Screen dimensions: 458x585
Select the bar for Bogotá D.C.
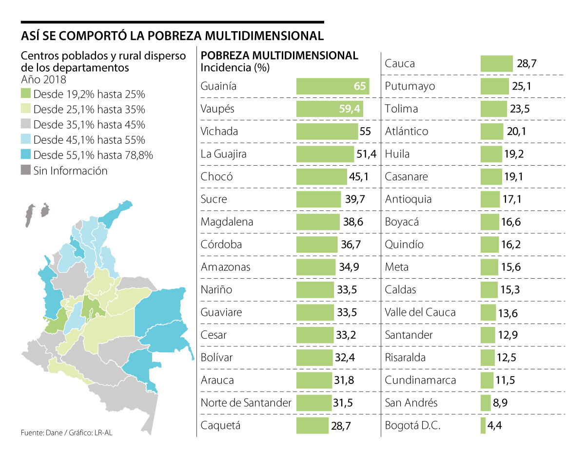click(483, 425)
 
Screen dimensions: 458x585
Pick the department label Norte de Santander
click(246, 403)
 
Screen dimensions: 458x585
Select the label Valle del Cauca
click(420, 312)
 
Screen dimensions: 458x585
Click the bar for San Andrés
click(485, 403)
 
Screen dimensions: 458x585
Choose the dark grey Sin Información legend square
click(26, 171)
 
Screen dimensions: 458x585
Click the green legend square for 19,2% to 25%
click(26, 94)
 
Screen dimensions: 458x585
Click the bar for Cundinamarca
click(487, 380)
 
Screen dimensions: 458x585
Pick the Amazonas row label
click(225, 267)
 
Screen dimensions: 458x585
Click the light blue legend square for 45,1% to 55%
click(26, 140)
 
